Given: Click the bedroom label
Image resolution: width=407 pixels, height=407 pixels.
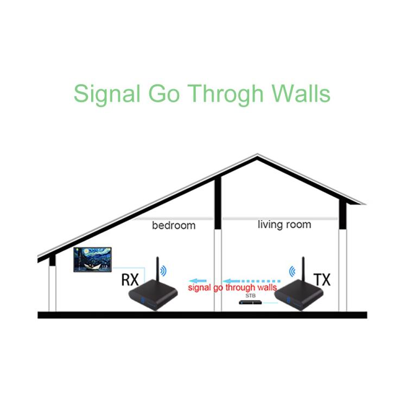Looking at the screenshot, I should point(173,225).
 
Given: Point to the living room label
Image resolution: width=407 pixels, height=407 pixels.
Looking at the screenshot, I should point(284,224).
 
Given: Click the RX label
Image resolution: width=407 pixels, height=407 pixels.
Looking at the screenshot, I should point(130,280).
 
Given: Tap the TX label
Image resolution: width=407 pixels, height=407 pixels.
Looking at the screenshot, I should point(322,280).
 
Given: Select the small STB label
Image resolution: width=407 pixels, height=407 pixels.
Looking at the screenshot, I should point(251,296).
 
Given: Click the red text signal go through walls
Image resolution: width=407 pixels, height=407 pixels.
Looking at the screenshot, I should point(232,287).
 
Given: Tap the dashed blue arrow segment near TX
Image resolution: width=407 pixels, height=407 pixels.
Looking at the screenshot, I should point(266,275).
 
